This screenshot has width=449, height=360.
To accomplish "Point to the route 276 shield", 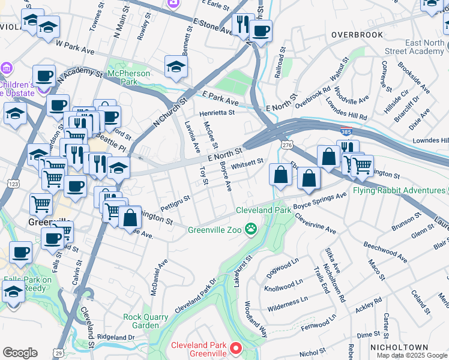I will (x=285, y=145).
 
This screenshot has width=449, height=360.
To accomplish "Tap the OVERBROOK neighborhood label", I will (x=357, y=35).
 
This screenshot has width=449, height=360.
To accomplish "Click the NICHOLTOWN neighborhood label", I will (x=399, y=347).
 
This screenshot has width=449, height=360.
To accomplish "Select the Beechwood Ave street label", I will (x=385, y=252).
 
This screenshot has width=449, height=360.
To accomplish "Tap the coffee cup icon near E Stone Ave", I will (x=261, y=31).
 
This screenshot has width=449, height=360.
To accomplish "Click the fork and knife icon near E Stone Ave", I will (x=243, y=25).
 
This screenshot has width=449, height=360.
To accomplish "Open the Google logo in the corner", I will (x=20, y=353).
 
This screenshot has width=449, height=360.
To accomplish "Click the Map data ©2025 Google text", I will (x=411, y=355).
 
